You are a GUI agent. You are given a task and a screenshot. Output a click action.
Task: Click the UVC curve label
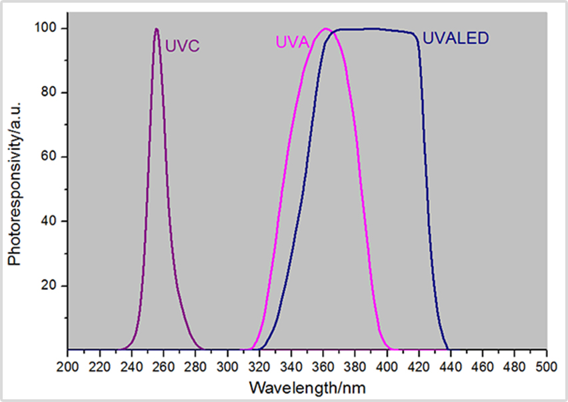click(183, 47)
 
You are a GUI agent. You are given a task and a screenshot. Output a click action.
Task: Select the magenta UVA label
click(292, 43)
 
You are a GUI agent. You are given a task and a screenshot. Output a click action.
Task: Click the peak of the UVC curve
click(156, 29)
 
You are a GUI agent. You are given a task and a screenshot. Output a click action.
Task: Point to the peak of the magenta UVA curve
click(325, 29)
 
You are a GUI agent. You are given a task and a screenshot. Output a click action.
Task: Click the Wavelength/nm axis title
click(307, 387)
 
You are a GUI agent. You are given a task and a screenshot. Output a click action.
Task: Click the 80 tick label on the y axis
click(52, 93)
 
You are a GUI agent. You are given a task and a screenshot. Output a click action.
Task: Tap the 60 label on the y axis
click(52, 157)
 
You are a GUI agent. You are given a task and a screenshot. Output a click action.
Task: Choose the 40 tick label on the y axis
click(52, 221)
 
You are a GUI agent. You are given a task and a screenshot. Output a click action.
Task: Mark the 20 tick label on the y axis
click(52, 286)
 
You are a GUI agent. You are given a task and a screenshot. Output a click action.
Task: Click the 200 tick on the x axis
click(67, 367)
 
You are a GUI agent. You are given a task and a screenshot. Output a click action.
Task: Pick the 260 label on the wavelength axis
click(163, 367)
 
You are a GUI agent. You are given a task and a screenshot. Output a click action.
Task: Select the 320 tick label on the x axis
click(259, 367)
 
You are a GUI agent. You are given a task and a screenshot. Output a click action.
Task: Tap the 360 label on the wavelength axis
click(323, 367)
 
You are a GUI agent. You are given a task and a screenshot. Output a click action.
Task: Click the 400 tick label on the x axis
click(387, 367)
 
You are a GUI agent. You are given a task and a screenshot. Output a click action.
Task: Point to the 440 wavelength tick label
click(451, 367)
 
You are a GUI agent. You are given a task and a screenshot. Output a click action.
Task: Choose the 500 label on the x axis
click(546, 367)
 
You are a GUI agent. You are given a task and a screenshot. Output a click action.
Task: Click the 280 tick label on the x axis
click(195, 367)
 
